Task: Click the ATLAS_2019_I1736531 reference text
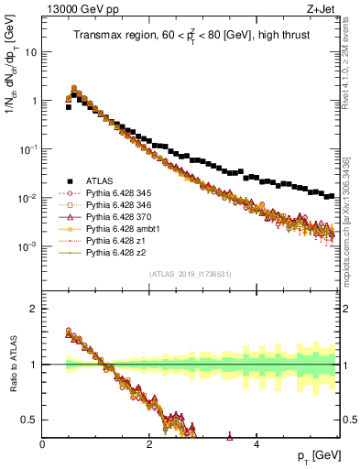190,274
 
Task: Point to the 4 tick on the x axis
256,443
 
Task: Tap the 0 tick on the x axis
43,443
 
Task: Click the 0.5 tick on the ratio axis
33,420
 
